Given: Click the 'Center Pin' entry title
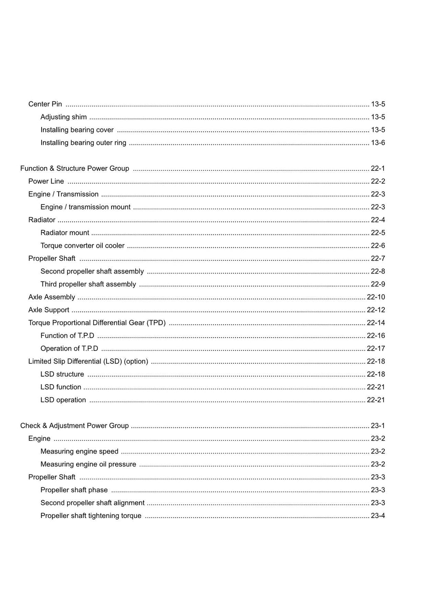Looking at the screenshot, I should [x=45, y=104].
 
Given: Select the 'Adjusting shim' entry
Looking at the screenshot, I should [x=64, y=117].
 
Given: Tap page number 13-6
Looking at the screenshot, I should [x=378, y=143].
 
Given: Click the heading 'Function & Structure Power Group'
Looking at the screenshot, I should [x=75, y=168].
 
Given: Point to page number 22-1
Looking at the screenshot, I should [x=378, y=168].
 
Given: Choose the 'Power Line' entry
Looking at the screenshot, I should [x=46, y=181].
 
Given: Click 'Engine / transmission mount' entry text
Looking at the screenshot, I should [x=85, y=207].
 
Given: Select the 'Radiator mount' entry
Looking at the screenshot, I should [x=65, y=233].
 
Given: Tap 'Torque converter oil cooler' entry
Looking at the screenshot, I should [x=82, y=246].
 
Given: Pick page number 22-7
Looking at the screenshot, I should [x=378, y=259].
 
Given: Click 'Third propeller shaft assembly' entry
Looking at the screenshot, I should [x=88, y=284].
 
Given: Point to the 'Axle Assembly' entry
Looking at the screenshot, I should [x=52, y=297].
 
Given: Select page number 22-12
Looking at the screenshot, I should [x=376, y=310].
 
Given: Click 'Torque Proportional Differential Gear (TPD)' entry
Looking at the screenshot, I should [x=97, y=323].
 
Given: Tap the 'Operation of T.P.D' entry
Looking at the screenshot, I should [x=69, y=349].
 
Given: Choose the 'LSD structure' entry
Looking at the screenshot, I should [x=62, y=375].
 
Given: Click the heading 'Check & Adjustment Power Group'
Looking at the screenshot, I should [x=74, y=426].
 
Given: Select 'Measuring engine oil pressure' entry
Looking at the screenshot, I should [x=88, y=464].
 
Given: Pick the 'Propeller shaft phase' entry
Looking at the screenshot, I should [x=74, y=490].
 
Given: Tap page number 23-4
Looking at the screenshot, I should [x=378, y=516].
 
